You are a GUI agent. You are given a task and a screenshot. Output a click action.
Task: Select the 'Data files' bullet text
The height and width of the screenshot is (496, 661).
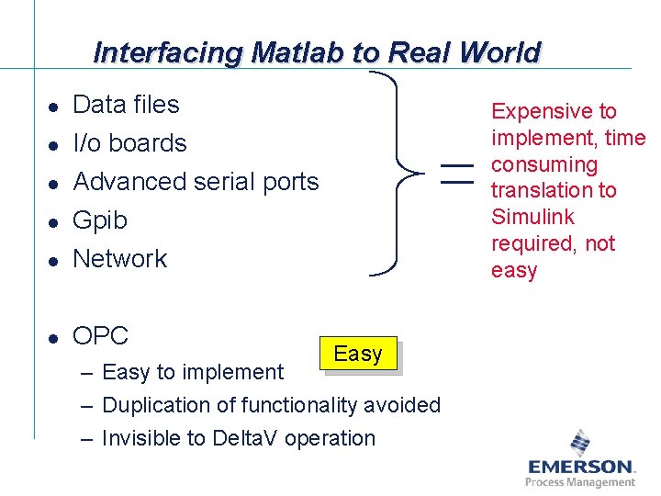[x=126, y=105]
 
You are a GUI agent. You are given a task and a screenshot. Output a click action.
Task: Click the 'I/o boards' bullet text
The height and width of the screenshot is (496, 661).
[x=129, y=143]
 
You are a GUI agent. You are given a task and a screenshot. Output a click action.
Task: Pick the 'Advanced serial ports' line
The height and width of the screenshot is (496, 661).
[x=196, y=182]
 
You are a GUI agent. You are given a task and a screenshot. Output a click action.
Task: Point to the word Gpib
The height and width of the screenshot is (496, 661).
[x=100, y=220]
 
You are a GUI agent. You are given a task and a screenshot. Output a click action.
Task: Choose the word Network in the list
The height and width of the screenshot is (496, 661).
[x=120, y=259]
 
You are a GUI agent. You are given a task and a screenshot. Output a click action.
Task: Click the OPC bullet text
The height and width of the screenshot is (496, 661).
[x=100, y=336]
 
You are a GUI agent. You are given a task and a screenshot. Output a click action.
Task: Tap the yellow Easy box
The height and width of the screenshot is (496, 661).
[x=358, y=355]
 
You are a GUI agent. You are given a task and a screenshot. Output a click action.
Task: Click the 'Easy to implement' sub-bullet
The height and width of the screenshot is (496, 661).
[x=193, y=372]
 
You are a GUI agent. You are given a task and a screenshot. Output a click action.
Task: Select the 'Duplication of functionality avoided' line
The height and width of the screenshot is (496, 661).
[x=271, y=405]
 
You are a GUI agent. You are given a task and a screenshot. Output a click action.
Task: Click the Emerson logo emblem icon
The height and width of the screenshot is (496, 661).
[x=580, y=443]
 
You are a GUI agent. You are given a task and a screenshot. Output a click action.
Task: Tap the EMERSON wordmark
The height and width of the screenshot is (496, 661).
[x=580, y=467]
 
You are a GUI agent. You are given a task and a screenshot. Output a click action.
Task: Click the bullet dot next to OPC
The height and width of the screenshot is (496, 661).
[x=54, y=338]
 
